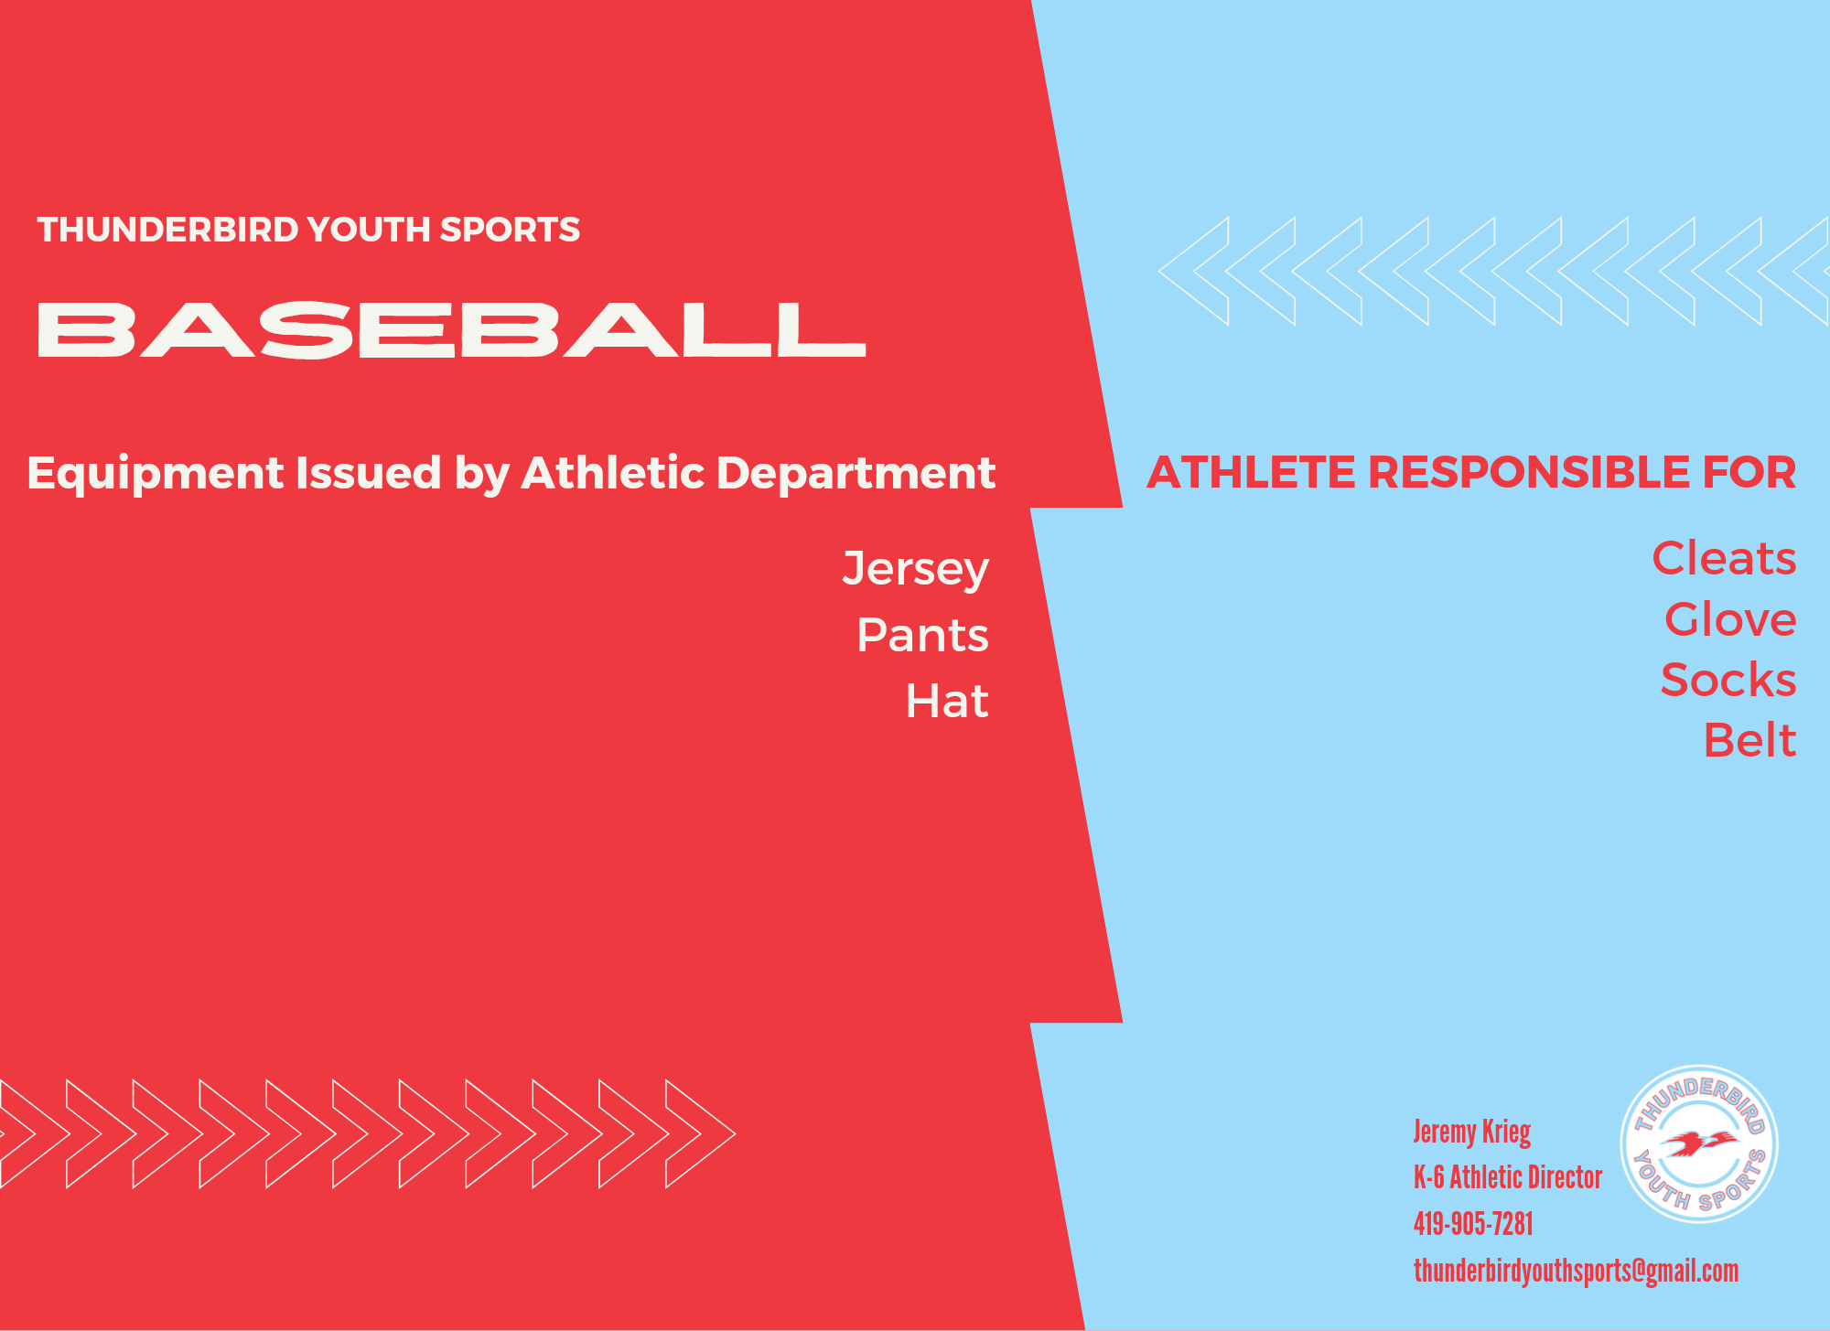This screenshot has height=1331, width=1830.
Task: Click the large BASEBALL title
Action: pos(451,329)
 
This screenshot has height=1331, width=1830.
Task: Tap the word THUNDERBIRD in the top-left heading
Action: pos(167,230)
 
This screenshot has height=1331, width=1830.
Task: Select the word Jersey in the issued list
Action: pos(916,570)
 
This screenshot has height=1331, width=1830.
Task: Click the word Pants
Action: pos(922,635)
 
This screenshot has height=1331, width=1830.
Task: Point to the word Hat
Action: pos(947,702)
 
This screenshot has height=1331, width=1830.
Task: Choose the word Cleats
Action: pos(1724,558)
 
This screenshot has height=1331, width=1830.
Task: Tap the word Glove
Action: pos(1730,619)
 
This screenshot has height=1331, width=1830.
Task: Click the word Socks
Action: pos(1728,680)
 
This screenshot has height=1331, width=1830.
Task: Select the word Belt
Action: pos(1749,740)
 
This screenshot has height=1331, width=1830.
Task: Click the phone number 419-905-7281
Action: pos(1473,1224)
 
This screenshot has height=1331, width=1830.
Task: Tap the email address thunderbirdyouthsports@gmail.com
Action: pos(1576,1272)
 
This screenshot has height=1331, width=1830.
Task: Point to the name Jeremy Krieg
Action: pos(1472,1132)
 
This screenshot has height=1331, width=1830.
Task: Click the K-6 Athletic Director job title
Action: pos(1508,1177)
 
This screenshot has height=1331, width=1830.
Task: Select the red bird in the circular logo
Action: pos(1699,1143)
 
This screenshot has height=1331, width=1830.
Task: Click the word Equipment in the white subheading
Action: pos(156,474)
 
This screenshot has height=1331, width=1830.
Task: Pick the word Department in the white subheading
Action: pos(856,474)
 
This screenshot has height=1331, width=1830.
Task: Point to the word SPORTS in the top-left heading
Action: pos(510,230)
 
